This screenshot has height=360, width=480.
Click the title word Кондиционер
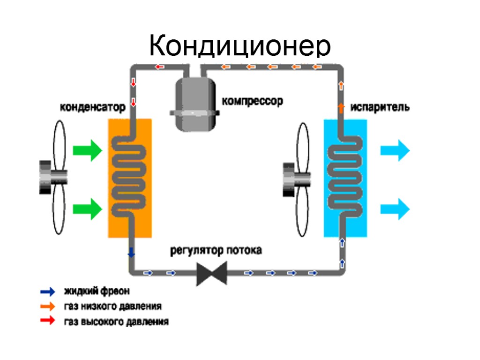tap(240, 46)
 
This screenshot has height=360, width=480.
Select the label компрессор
tap(252, 101)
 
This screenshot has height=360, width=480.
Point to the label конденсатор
tap(92, 107)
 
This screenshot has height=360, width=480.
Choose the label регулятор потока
tap(216, 250)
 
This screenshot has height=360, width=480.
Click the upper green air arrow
tap(87, 150)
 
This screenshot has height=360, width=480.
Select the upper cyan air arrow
tap(395, 150)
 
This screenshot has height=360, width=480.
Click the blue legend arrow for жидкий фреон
tap(48, 292)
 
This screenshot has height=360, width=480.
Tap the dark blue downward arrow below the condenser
tap(132, 252)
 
